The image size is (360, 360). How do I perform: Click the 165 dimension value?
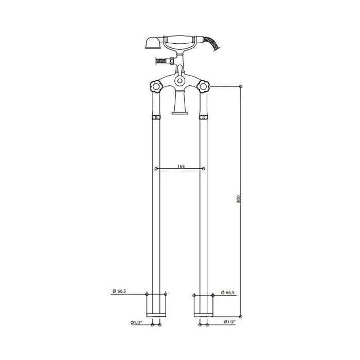[x=181, y=166]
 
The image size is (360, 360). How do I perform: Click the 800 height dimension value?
[x=238, y=199]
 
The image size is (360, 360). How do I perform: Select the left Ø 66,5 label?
[x=119, y=291]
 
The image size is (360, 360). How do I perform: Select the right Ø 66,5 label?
[x=227, y=293]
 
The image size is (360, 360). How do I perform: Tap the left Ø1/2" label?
[x=136, y=322]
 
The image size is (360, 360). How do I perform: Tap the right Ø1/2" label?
[x=229, y=322]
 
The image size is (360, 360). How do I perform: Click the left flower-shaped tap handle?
[x=156, y=86]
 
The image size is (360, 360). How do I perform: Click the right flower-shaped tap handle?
[x=203, y=86]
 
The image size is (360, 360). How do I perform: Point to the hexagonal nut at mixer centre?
[x=179, y=81]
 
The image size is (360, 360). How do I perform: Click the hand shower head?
[x=154, y=43]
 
